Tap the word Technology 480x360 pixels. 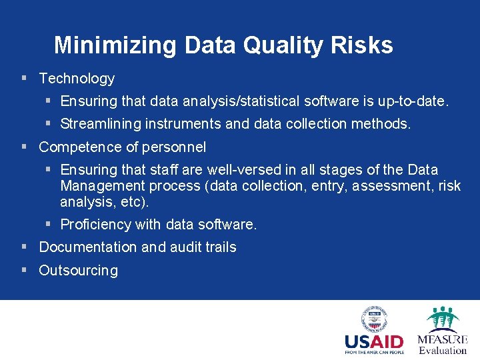tap(77, 79)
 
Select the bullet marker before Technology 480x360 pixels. tap(24, 78)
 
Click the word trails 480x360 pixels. tap(221, 247)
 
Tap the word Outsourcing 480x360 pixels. tap(78, 271)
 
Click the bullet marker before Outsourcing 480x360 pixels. tap(24, 270)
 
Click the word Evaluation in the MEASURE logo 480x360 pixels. tap(443, 350)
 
